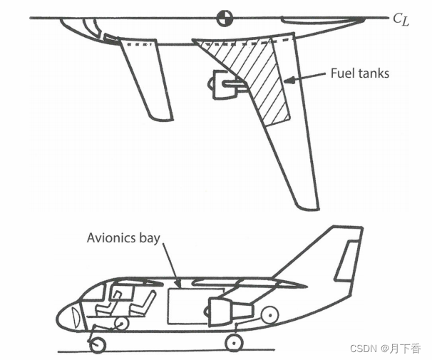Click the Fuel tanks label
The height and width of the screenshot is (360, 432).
(x=359, y=73)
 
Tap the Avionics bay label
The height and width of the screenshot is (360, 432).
(x=123, y=237)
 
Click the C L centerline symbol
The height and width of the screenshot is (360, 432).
(x=401, y=19)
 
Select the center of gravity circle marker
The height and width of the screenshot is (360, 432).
(x=225, y=19)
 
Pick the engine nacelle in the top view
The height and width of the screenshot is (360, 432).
(x=225, y=85)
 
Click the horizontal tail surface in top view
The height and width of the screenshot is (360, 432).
(x=146, y=78)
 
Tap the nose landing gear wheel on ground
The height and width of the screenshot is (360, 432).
(x=98, y=344)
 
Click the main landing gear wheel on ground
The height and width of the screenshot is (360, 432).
(x=234, y=343)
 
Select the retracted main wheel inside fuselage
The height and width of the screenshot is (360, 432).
(x=269, y=315)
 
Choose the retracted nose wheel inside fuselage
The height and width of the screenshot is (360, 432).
(x=121, y=324)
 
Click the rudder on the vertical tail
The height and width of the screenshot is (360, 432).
(x=346, y=260)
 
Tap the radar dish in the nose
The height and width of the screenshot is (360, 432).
(x=76, y=317)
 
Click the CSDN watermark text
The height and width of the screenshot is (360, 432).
(x=385, y=349)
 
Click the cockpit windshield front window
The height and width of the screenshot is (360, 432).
(x=93, y=292)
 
